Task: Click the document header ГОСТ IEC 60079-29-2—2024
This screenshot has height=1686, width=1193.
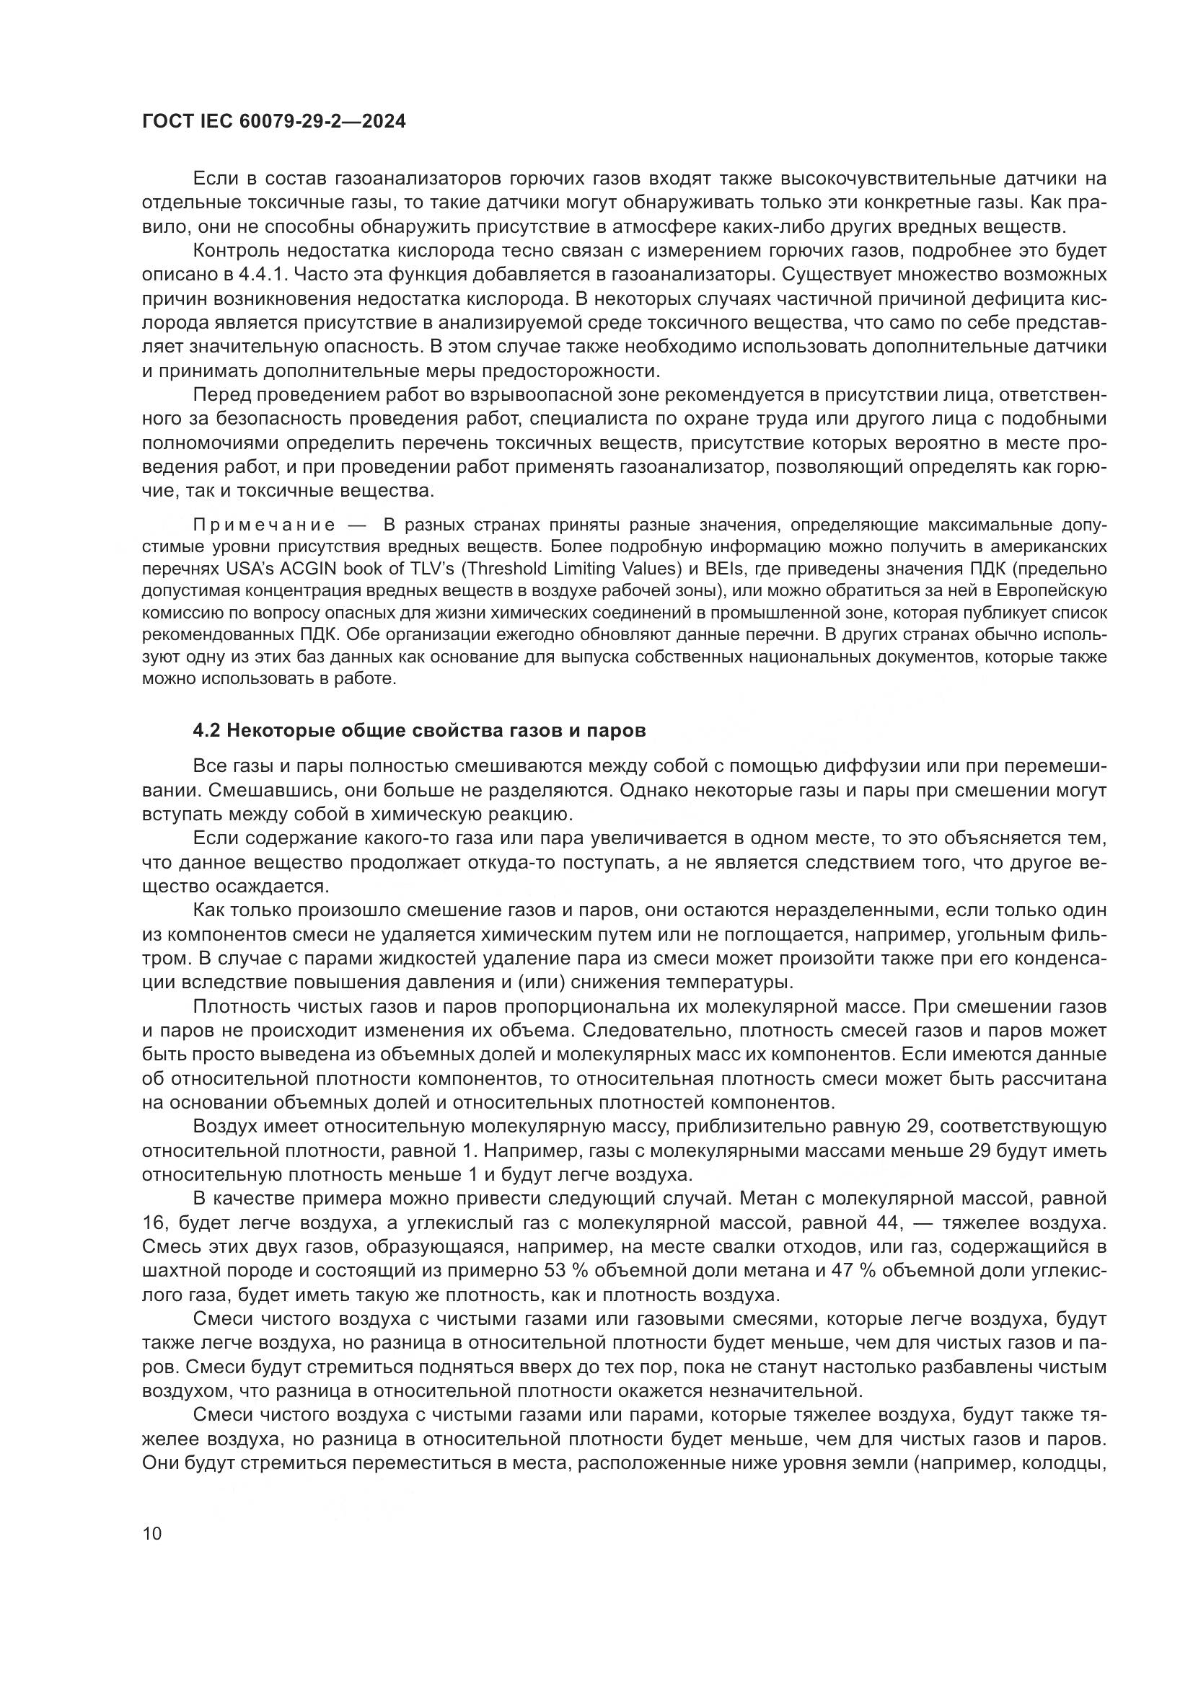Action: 273,122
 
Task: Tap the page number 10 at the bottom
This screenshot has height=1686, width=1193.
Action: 152,1533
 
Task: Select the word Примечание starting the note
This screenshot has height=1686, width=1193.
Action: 264,525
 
